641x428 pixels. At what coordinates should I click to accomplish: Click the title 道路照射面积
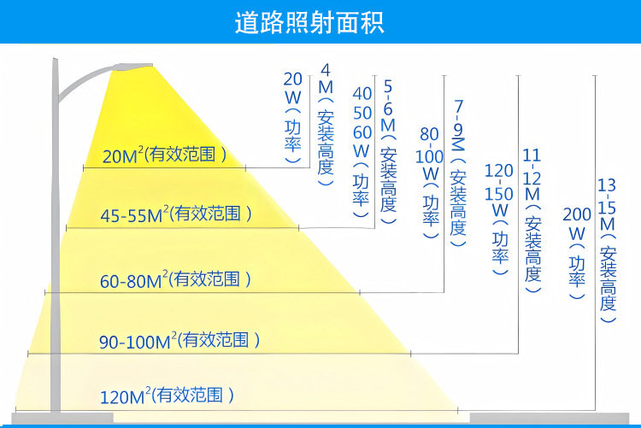(x=320, y=22)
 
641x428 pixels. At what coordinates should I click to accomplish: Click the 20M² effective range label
(x=164, y=155)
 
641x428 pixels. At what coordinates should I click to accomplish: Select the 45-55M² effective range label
(x=176, y=214)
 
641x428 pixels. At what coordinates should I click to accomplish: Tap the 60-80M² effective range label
(x=175, y=279)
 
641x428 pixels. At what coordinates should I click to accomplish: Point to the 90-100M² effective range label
(x=179, y=341)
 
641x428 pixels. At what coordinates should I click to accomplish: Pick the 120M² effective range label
(x=167, y=396)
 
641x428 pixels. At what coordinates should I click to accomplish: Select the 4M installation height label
(x=326, y=119)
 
